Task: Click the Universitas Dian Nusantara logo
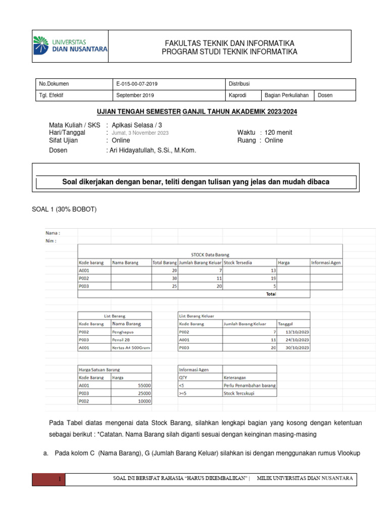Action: click(x=70, y=45)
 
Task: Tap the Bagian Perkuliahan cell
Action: click(x=286, y=95)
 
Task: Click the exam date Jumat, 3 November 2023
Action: click(x=140, y=133)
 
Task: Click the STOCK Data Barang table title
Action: click(x=209, y=254)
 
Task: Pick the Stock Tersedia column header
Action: click(x=238, y=263)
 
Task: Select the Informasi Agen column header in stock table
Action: click(x=326, y=263)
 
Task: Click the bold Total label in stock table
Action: click(x=271, y=294)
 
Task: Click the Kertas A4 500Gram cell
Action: click(x=131, y=348)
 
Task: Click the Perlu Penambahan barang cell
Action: click(x=249, y=385)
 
